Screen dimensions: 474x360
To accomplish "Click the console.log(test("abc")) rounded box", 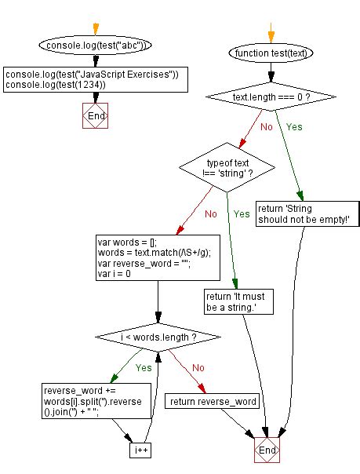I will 95,46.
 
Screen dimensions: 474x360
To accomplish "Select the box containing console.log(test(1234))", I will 96,79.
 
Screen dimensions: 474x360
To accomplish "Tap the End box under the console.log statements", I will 96,115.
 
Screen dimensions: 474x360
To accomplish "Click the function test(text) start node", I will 271,53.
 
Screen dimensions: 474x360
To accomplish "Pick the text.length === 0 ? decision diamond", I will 271,97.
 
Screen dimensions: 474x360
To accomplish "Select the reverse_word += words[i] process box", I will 93,403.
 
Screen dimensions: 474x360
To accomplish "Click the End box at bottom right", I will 267,451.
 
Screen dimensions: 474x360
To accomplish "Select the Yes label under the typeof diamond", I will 242,213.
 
